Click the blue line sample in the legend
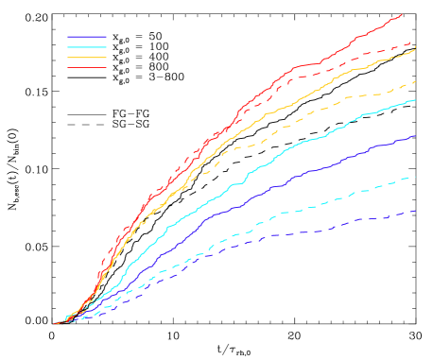click(x=87, y=37)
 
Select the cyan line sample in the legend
click(x=87, y=47)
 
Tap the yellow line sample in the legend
click(x=87, y=58)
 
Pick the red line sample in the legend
click(x=87, y=68)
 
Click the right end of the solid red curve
click(x=403, y=13)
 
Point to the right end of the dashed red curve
click(x=413, y=42)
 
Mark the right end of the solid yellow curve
click(x=415, y=48)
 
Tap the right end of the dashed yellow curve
click(x=415, y=83)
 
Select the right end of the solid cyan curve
click(x=415, y=100)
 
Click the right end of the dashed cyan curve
click(x=415, y=177)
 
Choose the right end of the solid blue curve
click(x=415, y=136)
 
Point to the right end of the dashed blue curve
click(x=415, y=211)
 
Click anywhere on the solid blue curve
click(x=284, y=184)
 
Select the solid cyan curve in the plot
click(x=284, y=150)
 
